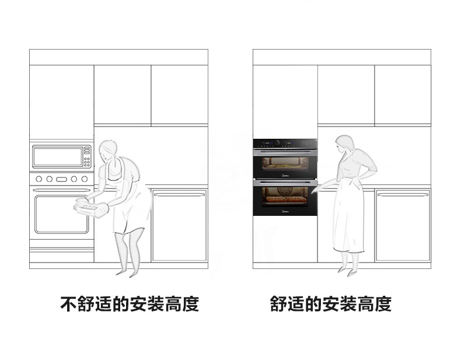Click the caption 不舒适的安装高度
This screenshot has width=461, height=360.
pyautogui.click(x=130, y=304)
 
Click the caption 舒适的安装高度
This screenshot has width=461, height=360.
pyautogui.click(x=330, y=304)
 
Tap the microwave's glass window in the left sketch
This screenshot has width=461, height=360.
pyautogui.click(x=58, y=156)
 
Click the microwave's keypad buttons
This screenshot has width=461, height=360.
pyautogui.click(x=87, y=157)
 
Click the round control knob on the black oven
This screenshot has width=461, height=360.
pyautogui.click(x=278, y=143)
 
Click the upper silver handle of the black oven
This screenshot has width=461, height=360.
pyautogui.click(x=285, y=151)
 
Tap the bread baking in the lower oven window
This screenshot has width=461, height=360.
pyautogui.click(x=285, y=200)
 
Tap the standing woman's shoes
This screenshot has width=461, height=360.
pyautogui.click(x=347, y=271)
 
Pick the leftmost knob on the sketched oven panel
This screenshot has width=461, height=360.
pyautogui.click(x=39, y=179)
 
